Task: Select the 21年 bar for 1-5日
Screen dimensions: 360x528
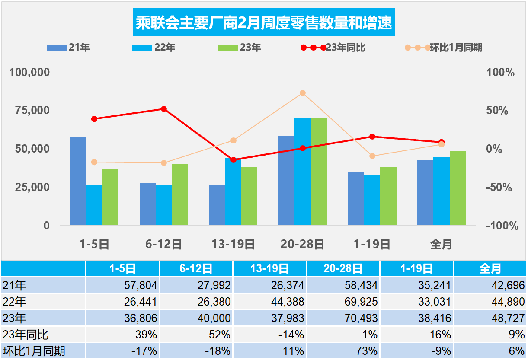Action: coord(78,181)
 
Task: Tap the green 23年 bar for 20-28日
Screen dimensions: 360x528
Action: coord(319,171)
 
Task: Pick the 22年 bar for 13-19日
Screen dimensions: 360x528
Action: coord(233,191)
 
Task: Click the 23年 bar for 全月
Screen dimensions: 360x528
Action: coord(458,188)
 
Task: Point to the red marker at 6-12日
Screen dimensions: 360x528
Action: coord(164,109)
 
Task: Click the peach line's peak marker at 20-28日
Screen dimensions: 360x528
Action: coord(303,93)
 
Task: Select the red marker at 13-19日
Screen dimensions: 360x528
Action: coord(234,160)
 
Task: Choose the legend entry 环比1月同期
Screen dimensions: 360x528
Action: coord(444,48)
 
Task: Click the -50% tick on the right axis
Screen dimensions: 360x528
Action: coord(499,188)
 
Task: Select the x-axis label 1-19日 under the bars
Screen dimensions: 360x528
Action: coord(372,245)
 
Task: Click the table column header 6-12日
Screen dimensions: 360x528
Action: coord(196,269)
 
